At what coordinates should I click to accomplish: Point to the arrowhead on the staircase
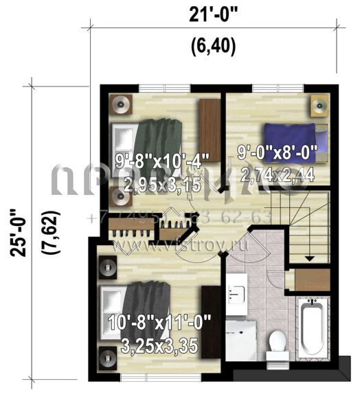pyautogui.click(x=308, y=258)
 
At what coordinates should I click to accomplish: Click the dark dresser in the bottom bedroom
pyautogui.click(x=211, y=321)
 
